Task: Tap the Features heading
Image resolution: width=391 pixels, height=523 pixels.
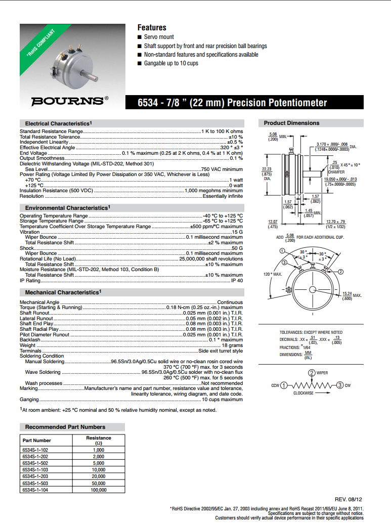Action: (x=152, y=27)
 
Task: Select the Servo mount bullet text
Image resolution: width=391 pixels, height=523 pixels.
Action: (x=159, y=37)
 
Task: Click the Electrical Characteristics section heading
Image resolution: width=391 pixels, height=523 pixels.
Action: (x=58, y=123)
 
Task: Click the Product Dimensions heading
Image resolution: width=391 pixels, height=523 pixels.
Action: (x=292, y=123)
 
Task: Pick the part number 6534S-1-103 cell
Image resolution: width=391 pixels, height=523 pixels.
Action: (x=37, y=469)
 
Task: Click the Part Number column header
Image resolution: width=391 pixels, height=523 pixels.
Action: (x=37, y=440)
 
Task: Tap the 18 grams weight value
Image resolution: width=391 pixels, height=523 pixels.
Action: (x=232, y=345)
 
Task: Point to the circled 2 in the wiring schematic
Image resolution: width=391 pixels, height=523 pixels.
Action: (x=311, y=373)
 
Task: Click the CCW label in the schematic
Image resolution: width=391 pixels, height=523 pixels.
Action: (x=275, y=385)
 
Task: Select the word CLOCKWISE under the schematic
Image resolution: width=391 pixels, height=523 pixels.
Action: (x=303, y=393)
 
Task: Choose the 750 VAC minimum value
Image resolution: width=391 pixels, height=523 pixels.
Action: (x=222, y=169)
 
